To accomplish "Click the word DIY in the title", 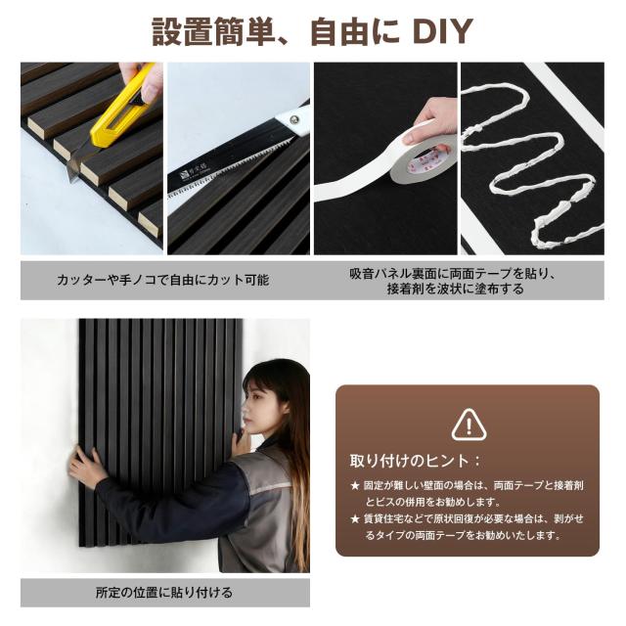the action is point(442,31).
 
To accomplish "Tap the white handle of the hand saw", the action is point(292,119).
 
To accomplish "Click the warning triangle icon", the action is point(469,425).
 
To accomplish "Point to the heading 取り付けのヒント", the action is point(409,461).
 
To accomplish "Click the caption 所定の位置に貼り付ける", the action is point(163,592).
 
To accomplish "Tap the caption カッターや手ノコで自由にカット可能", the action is point(163,280).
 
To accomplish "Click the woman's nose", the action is point(246,409).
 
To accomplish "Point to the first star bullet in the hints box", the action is point(355,485).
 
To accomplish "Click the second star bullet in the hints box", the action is point(355,518).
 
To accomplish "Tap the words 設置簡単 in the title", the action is point(213,31).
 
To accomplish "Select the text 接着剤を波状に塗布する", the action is point(456,289).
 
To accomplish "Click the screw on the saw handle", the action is point(295,118).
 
